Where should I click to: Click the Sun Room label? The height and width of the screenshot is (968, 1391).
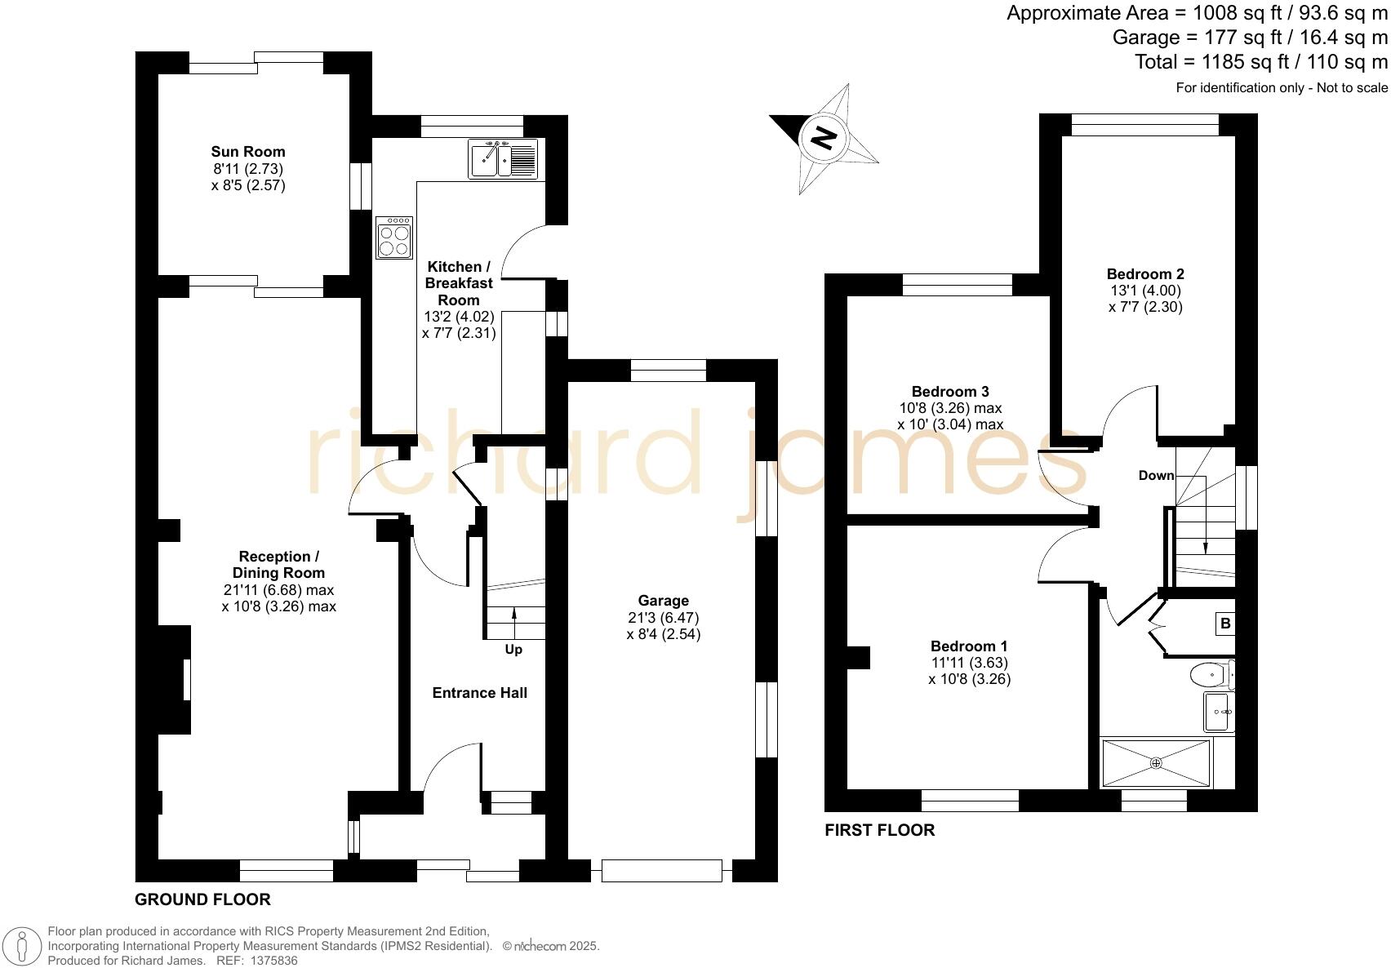point(248,151)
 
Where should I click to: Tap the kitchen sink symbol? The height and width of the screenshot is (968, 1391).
point(503,158)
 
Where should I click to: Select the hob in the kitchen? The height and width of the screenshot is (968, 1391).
point(394,238)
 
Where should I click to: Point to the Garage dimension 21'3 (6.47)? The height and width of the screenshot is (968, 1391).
point(663,618)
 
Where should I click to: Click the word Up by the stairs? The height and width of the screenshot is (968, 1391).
point(513,650)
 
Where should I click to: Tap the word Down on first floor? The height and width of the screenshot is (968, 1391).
point(1156,475)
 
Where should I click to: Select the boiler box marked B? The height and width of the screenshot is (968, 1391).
point(1224,624)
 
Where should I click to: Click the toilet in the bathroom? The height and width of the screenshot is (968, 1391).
point(1210,675)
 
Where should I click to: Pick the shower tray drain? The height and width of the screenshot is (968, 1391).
point(1156,763)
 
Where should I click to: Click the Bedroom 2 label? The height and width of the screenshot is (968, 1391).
point(1145,274)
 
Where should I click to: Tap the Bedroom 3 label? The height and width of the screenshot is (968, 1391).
point(950,392)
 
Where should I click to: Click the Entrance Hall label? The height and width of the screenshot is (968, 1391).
point(479,693)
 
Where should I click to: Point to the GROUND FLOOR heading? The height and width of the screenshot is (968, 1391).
point(202,899)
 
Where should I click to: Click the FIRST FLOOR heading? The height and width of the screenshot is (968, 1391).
point(879,830)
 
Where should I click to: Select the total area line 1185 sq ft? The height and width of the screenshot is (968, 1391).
point(1260,62)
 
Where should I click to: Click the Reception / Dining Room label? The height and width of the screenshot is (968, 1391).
point(278,564)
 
